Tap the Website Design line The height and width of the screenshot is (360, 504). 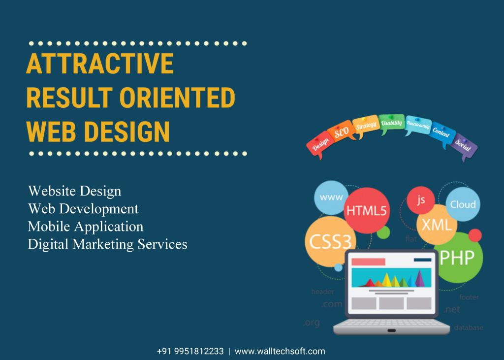(x=74, y=191)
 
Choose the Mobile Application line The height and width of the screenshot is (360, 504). (x=86, y=226)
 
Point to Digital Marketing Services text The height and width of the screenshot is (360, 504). (x=107, y=244)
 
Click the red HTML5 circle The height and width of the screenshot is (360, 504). (x=367, y=210)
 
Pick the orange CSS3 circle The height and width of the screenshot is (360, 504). (x=329, y=241)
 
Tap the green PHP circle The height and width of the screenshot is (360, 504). (x=456, y=257)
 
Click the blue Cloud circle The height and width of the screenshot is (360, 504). (x=463, y=204)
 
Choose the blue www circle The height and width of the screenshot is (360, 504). (x=331, y=197)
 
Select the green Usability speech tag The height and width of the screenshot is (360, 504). (x=392, y=124)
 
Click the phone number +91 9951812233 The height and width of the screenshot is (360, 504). (x=190, y=351)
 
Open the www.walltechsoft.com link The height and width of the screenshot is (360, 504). (x=280, y=351)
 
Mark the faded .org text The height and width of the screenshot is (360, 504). (x=311, y=323)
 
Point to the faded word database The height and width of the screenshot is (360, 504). (x=468, y=327)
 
